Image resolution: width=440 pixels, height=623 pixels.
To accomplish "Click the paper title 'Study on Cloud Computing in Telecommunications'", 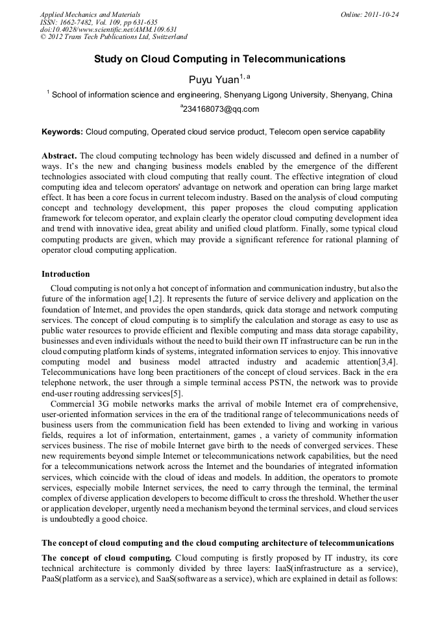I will [x=219, y=59].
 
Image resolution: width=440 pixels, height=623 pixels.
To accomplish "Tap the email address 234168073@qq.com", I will [x=221, y=109].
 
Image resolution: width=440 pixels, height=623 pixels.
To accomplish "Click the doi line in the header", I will [x=108, y=29].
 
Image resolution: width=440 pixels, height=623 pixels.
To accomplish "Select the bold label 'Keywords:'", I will [x=62, y=132].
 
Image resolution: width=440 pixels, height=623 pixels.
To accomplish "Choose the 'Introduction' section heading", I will [x=66, y=274].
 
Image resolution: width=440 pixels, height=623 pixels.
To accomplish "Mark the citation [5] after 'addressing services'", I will [x=177, y=393].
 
